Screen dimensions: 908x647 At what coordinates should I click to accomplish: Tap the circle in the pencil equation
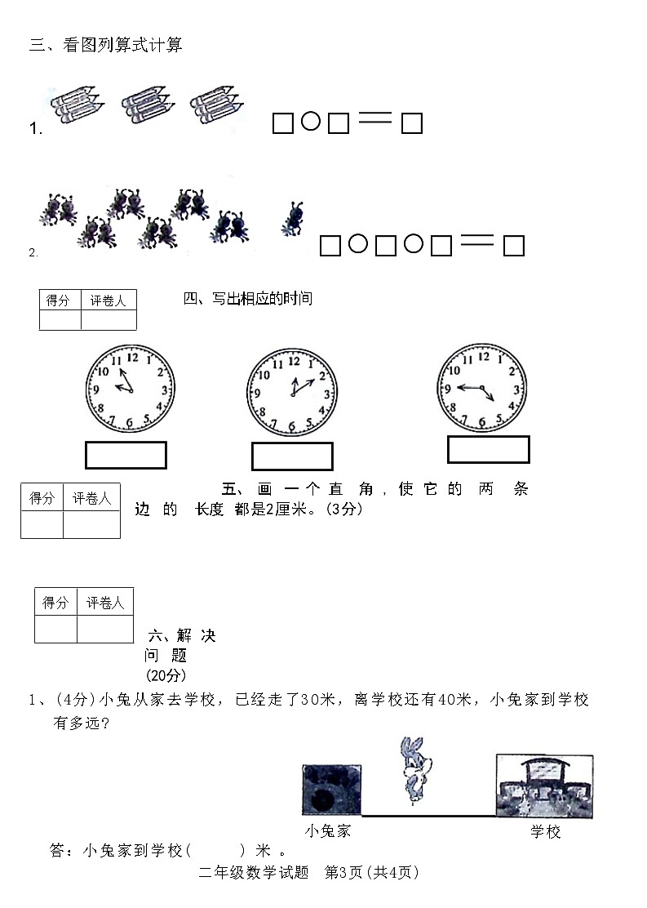point(310,122)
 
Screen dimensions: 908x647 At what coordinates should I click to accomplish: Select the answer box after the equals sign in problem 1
point(412,123)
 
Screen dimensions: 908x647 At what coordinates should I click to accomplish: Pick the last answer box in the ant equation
point(513,246)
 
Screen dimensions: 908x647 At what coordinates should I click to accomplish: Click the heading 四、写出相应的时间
point(248,299)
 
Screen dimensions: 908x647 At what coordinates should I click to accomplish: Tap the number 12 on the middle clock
point(294,361)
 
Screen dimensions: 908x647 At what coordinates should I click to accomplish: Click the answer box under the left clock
point(126,455)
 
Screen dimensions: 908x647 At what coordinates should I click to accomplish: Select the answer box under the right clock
point(488,449)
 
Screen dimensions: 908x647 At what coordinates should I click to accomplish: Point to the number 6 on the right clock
point(482,421)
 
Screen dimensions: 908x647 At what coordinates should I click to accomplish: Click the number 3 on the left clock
point(164,390)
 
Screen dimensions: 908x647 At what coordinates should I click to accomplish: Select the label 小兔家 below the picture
point(328,831)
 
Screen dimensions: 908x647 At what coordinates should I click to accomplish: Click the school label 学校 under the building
point(546,831)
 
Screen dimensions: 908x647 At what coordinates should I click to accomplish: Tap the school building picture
point(544,785)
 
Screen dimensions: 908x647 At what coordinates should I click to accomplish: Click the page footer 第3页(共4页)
point(371,872)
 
